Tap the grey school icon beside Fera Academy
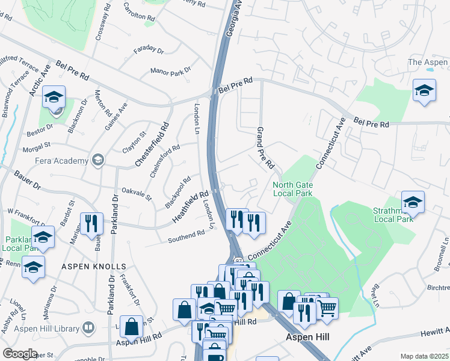97,160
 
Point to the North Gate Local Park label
292,189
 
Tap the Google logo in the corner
20,353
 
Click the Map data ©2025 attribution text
424,356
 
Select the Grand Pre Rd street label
265,147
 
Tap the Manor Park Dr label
170,70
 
